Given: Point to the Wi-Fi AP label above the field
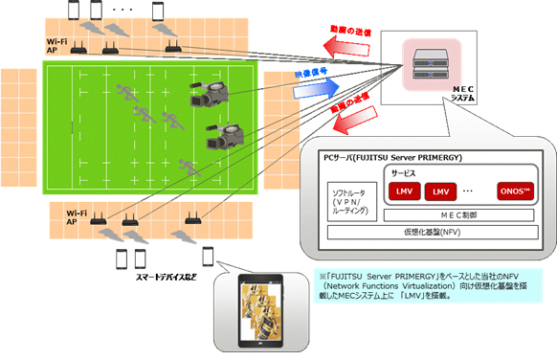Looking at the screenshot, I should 57,46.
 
